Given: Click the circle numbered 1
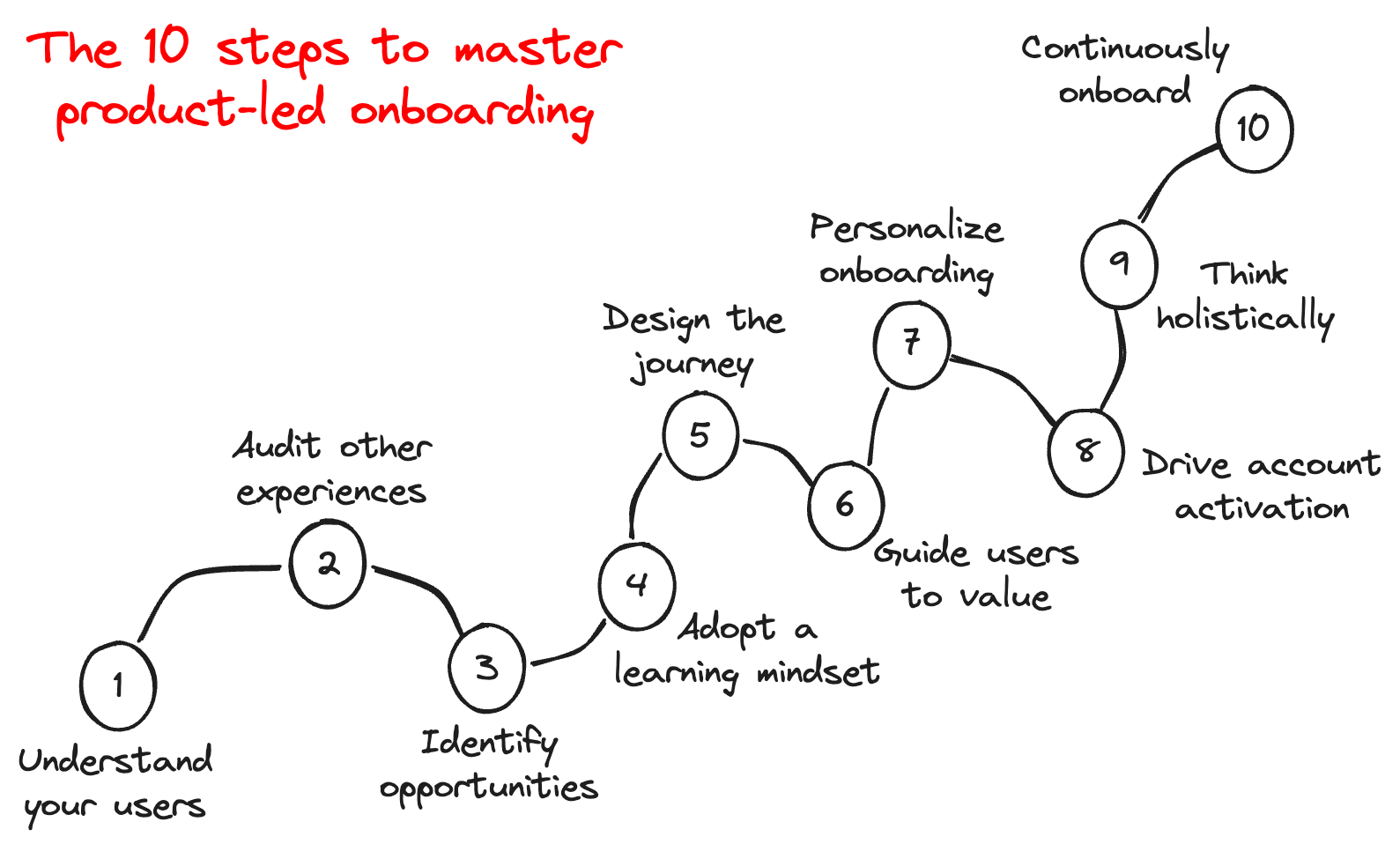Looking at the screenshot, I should click(118, 685).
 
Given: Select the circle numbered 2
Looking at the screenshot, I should click(328, 564).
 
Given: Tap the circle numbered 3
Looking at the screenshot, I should click(486, 668).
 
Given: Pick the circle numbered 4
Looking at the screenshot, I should click(636, 586).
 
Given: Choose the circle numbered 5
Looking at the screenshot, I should click(700, 435).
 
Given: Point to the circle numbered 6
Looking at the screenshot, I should click(845, 505).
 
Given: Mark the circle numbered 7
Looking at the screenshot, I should click(911, 344).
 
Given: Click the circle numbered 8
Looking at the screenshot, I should click(1086, 452).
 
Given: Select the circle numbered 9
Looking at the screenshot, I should click(1119, 263).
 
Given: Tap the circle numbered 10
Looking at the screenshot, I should click(1254, 130).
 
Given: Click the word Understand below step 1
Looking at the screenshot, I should click(115, 760).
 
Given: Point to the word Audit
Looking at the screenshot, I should click(276, 446).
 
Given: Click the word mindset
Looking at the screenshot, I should click(818, 672).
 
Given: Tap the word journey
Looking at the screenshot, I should click(693, 366).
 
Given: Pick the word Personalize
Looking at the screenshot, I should click(906, 229).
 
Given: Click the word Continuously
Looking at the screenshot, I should click(1124, 48).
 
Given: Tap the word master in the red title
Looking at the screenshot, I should click(537, 49).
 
